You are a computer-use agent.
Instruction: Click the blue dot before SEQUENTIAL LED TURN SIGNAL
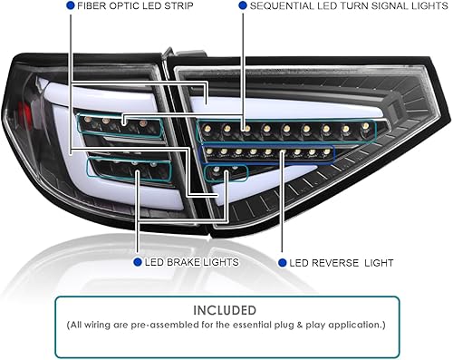[x=243, y=5]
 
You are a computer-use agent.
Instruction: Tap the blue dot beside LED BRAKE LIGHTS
[x=137, y=262]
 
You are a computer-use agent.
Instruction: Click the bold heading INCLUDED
[x=226, y=308]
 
